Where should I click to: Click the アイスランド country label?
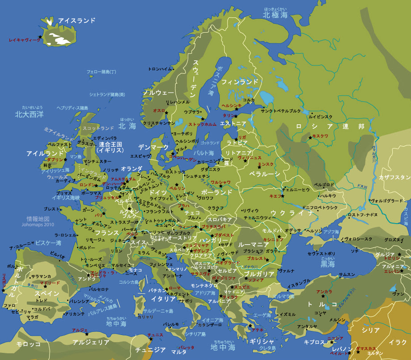[77, 21]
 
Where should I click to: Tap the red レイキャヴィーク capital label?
[25, 40]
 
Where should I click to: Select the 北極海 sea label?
[275, 15]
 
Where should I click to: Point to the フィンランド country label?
[240, 82]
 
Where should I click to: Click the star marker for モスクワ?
[310, 138]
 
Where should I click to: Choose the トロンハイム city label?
[160, 69]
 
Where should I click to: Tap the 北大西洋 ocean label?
[29, 114]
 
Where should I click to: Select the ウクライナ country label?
[292, 213]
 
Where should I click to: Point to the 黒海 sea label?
[327, 264]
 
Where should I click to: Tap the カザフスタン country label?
[394, 178]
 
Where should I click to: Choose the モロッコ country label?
[28, 344]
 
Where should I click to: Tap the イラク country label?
[398, 342]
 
